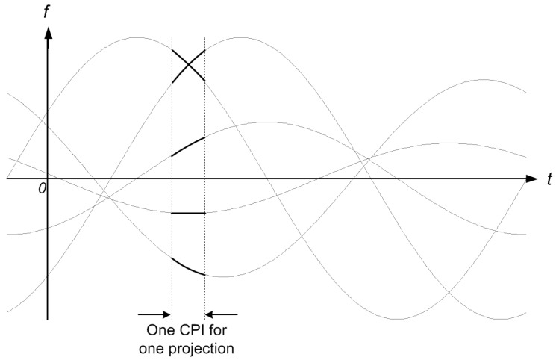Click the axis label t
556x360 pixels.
pyautogui.click(x=548, y=179)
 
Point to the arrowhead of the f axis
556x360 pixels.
pyautogui.click(x=48, y=34)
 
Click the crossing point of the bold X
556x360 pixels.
pyautogui.click(x=188, y=66)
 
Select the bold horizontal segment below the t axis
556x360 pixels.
pyautogui.click(x=188, y=214)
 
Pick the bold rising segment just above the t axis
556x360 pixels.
pyautogui.click(x=188, y=146)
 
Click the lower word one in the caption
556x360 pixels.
pyautogui.click(x=155, y=347)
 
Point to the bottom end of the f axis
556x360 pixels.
pyautogui.click(x=48, y=320)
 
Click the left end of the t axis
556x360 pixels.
pyautogui.click(x=7, y=179)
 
